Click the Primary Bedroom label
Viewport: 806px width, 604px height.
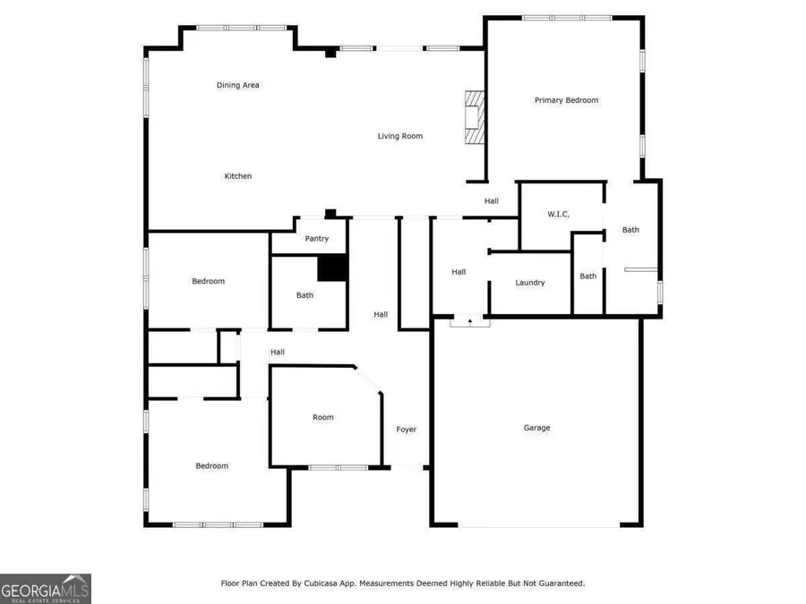[x=566, y=100]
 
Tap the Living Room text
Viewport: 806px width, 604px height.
[x=399, y=136]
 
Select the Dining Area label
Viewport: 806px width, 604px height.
[x=237, y=85]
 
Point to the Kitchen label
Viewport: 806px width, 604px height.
[x=237, y=176]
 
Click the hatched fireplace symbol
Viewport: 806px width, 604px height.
[x=473, y=117]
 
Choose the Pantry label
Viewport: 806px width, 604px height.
[x=316, y=239]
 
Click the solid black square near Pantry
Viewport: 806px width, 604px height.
[x=332, y=268]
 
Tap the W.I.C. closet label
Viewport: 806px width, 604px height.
[x=559, y=215]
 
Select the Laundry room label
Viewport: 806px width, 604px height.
[x=530, y=283]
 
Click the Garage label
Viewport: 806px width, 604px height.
[x=536, y=428]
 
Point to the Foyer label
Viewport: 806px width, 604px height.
[x=407, y=430]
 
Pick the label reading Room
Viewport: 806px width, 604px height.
[x=322, y=417]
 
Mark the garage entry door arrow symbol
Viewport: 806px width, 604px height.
[x=470, y=319]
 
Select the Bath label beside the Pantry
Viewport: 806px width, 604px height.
[x=305, y=295]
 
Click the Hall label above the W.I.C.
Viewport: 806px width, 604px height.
[x=492, y=201]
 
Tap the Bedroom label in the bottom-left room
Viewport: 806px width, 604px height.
[x=212, y=465]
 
